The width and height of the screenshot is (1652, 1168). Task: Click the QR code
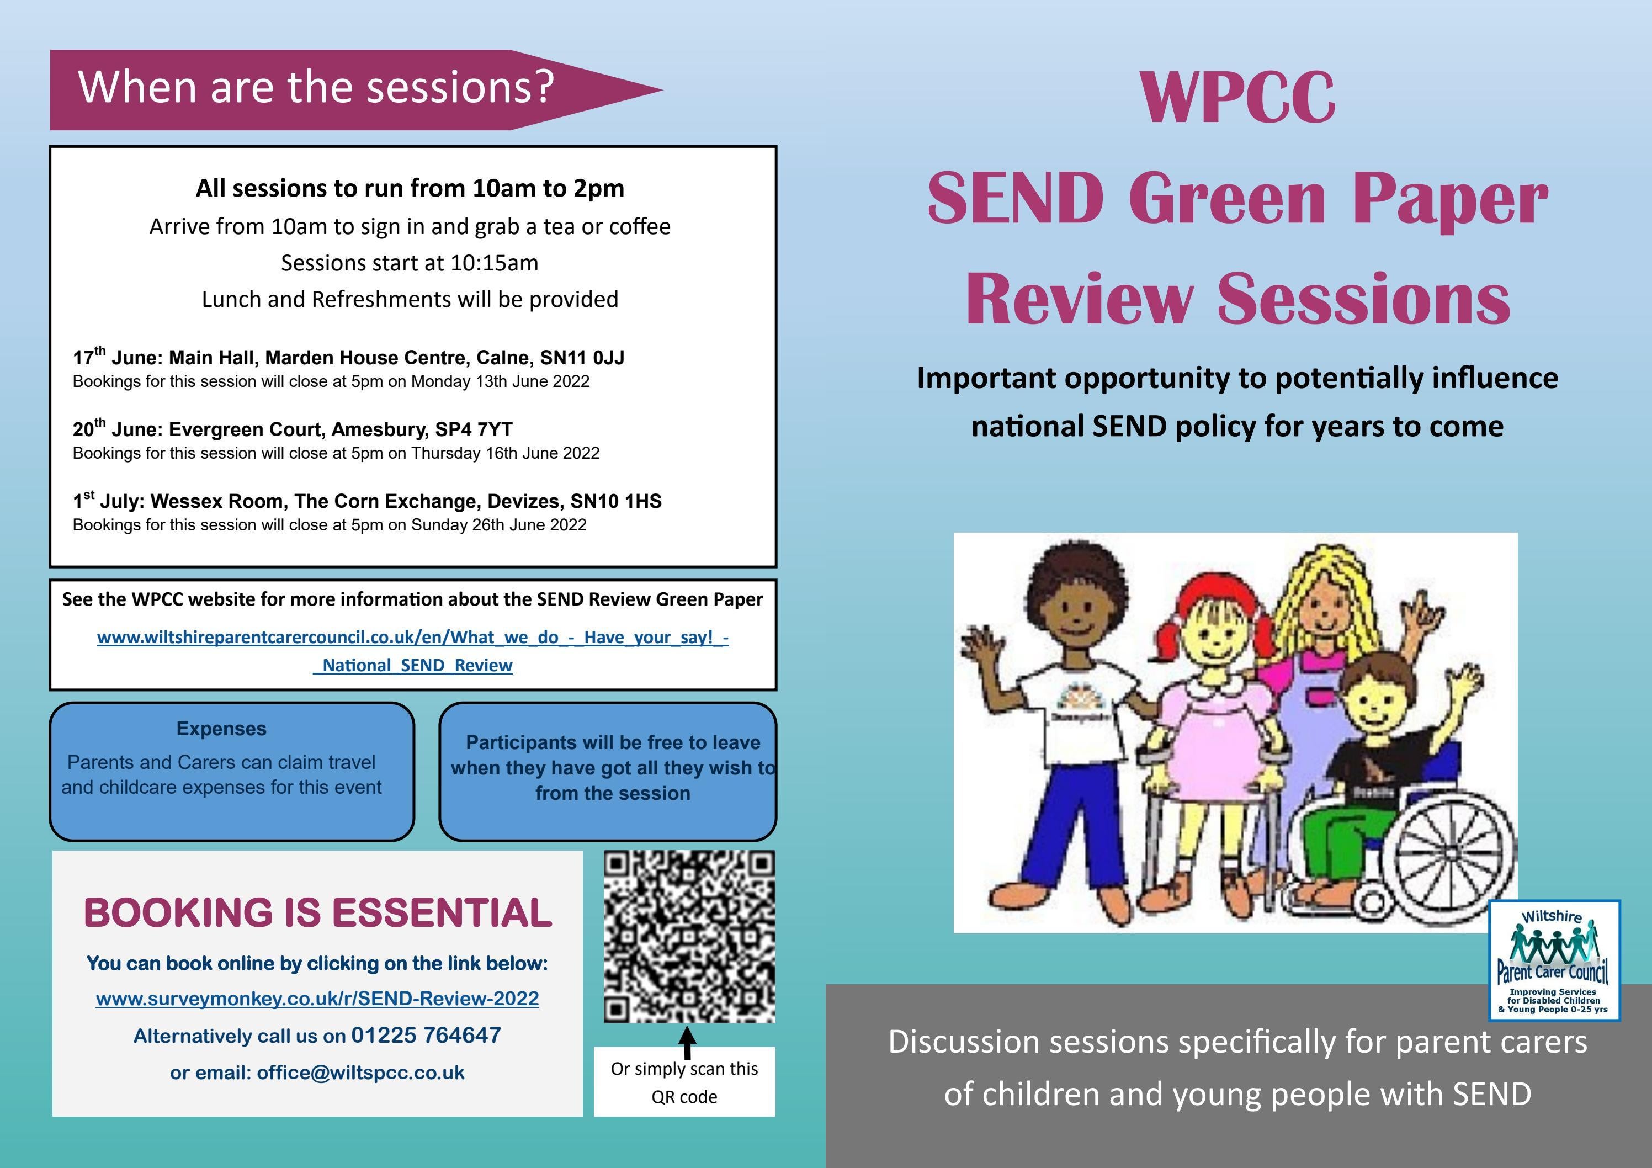pyautogui.click(x=689, y=936)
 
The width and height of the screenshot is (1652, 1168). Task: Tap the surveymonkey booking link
pyautogui.click(x=317, y=999)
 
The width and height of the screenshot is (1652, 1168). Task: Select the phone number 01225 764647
pyautogui.click(x=426, y=1036)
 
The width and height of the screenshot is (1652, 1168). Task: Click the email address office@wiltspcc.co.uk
pyautogui.click(x=360, y=1073)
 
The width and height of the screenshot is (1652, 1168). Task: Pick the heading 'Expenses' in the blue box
pyautogui.click(x=222, y=729)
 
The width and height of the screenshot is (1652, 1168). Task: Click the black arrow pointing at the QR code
pyautogui.click(x=687, y=1042)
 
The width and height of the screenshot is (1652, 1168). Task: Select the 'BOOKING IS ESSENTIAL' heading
pyautogui.click(x=317, y=912)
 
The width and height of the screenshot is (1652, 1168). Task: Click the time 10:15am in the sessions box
pyautogui.click(x=495, y=263)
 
